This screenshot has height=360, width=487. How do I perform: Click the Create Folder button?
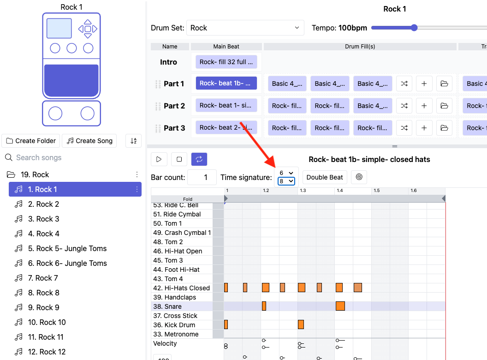tap(31, 141)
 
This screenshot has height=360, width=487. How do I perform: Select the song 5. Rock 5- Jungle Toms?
tap(67, 248)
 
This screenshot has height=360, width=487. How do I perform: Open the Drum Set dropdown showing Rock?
tap(245, 28)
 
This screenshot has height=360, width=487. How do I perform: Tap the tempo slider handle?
tap(414, 28)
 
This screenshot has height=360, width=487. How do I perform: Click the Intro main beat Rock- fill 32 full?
tap(226, 62)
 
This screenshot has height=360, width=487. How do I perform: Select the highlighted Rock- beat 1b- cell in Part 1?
tap(226, 84)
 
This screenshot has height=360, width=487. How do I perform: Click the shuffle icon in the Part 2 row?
tap(404, 106)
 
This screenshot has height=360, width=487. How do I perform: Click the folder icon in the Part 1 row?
tap(444, 84)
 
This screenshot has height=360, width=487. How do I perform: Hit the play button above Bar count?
tap(159, 159)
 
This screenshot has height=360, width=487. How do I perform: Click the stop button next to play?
tap(179, 159)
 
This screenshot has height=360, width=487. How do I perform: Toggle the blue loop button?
tap(199, 159)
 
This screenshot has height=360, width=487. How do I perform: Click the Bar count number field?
tap(202, 177)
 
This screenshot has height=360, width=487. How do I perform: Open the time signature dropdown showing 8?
tap(286, 181)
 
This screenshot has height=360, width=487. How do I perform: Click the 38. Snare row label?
tap(167, 306)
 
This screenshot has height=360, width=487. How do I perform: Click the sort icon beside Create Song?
tap(134, 141)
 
